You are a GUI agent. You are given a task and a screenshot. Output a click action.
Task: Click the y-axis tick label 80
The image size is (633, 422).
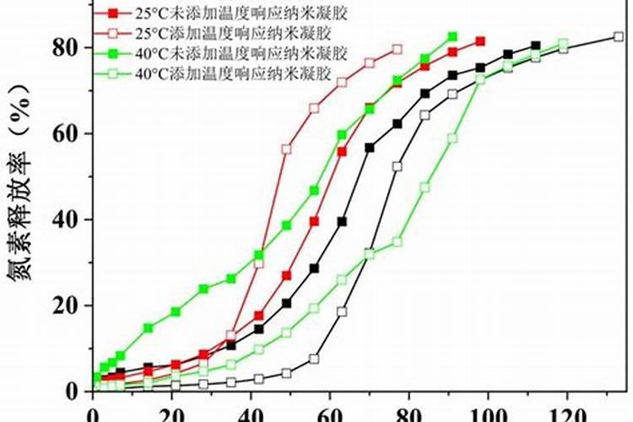point(67,47)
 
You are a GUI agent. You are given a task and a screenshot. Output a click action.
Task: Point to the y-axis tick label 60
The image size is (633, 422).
point(67,133)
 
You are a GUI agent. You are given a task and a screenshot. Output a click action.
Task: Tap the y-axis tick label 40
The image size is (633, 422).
point(67,219)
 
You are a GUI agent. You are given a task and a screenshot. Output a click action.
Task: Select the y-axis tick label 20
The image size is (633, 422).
point(67,305)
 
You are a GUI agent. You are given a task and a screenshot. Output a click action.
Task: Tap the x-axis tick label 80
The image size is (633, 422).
point(408,414)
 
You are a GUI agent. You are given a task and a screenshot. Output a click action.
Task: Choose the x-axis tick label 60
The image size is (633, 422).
point(330,414)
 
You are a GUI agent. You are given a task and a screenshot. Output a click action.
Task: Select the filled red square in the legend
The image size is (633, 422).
point(113,14)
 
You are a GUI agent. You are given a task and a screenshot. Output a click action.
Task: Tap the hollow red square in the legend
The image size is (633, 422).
point(113,33)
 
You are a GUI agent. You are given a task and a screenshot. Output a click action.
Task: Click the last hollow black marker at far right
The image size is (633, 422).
point(619,36)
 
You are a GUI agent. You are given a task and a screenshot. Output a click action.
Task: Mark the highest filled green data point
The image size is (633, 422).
point(452,37)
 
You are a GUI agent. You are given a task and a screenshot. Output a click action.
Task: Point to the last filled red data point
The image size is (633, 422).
point(480,41)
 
